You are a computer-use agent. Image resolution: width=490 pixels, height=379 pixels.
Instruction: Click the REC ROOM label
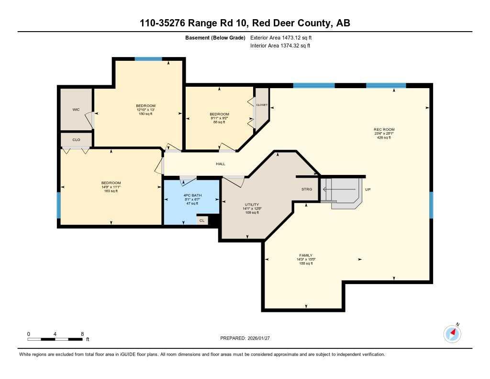pyautogui.click(x=384, y=129)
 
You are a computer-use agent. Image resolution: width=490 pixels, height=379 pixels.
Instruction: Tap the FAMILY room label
pyautogui.click(x=306, y=255)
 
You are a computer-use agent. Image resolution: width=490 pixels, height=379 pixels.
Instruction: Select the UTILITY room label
pyautogui.click(x=252, y=204)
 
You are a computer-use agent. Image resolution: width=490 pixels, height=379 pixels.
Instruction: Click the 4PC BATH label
pyautogui.click(x=191, y=195)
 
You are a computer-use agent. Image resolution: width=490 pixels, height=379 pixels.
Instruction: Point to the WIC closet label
pyautogui.click(x=76, y=110)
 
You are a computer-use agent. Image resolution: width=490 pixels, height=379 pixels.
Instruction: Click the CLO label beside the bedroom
pyautogui.click(x=76, y=140)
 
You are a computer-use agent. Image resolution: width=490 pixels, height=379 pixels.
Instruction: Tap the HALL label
pyautogui.click(x=220, y=164)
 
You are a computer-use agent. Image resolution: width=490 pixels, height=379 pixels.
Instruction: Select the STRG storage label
pyautogui.click(x=307, y=189)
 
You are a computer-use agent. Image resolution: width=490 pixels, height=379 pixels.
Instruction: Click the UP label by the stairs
pyautogui.click(x=368, y=190)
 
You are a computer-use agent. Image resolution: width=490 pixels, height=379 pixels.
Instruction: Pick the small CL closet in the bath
pyautogui.click(x=202, y=220)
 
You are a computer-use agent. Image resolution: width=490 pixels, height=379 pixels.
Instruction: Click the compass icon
pyautogui.click(x=452, y=333)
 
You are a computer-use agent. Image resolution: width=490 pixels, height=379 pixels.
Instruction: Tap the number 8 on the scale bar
pyautogui.click(x=82, y=334)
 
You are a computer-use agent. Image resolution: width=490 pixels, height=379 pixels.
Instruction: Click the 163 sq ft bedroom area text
pyautogui.click(x=111, y=191)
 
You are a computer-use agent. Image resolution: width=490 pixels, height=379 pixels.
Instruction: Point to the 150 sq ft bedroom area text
pyautogui.click(x=145, y=114)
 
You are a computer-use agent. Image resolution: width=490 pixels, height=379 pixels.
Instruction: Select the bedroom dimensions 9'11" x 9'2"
pyautogui.click(x=219, y=118)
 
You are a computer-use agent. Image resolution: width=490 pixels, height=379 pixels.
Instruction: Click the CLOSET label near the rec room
pyautogui.click(x=262, y=104)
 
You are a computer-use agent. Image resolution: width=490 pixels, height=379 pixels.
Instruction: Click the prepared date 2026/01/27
pyautogui.click(x=262, y=338)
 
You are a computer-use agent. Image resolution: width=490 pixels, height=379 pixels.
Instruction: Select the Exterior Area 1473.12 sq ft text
pyautogui.click(x=281, y=37)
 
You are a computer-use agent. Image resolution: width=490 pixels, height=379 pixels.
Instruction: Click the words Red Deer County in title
pyautogui.click(x=293, y=23)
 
